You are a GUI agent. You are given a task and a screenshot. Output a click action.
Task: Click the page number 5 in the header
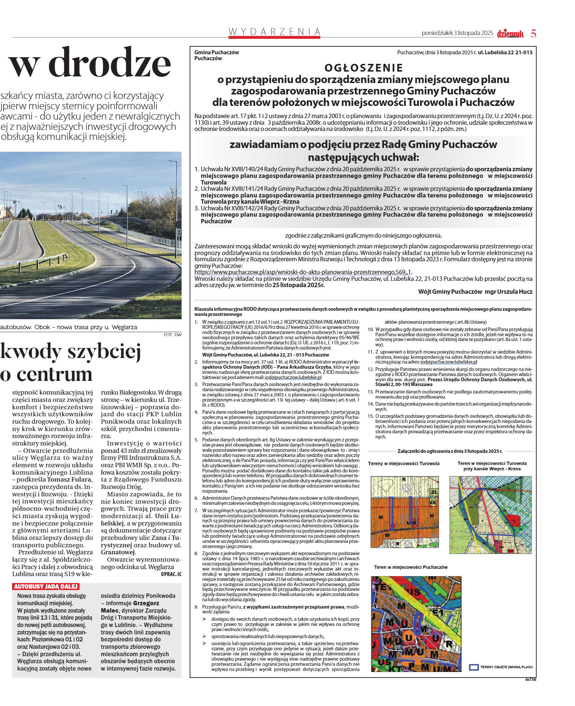533,34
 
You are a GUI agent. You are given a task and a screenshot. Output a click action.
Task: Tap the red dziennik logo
510,34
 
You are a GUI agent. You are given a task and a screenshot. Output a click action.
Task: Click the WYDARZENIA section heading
274,32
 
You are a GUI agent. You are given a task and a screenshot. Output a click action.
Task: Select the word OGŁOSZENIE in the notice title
364,68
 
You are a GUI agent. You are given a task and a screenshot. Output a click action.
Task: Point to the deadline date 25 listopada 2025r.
298,285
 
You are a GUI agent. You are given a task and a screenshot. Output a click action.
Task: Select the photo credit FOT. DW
172,335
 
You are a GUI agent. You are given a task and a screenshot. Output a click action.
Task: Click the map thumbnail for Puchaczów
416,624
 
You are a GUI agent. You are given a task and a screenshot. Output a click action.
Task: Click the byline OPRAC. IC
171,574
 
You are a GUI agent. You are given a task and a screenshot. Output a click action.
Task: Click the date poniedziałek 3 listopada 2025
457,33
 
